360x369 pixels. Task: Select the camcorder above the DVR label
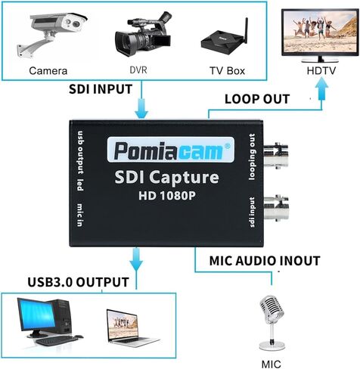pos(143,33)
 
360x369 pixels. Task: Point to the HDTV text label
pos(321,70)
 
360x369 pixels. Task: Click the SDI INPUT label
pos(101,89)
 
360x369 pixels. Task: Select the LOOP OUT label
pos(257,99)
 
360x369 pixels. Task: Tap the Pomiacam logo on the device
pos(171,150)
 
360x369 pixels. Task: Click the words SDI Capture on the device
pos(166,177)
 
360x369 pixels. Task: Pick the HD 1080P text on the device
pos(167,196)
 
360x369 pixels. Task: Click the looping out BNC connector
pos(276,156)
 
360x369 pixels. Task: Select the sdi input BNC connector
pos(276,208)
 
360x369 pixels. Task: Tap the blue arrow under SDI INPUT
pos(141,108)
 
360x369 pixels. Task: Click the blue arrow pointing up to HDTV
pos(321,88)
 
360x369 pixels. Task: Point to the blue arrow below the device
pos(136,259)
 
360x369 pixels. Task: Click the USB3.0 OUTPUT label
pos(78,282)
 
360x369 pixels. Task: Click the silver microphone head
pos(272,309)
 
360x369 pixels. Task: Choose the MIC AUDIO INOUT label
pos(265,261)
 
